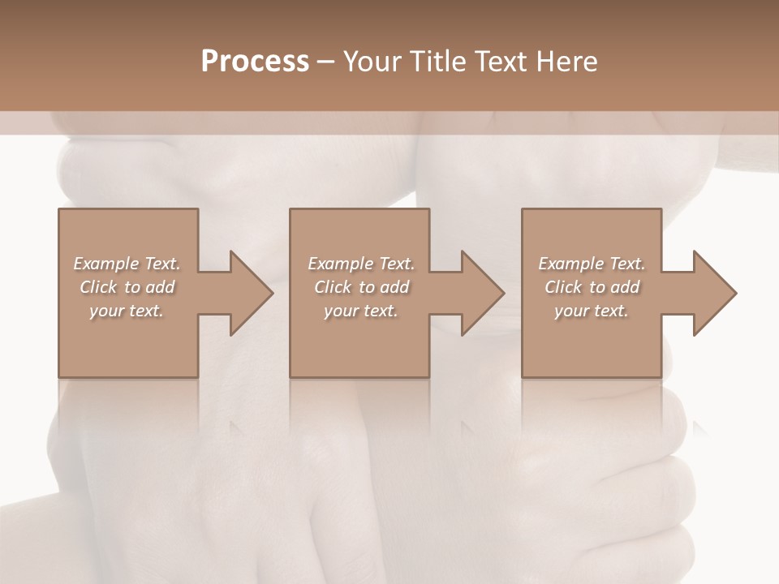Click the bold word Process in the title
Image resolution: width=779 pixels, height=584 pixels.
pyautogui.click(x=255, y=62)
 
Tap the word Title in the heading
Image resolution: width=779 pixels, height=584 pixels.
pyautogui.click(x=435, y=62)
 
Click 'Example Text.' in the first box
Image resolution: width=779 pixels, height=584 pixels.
pyautogui.click(x=127, y=264)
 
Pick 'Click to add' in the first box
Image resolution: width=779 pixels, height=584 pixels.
pyautogui.click(x=127, y=287)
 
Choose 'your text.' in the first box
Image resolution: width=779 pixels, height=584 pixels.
pyautogui.click(x=127, y=311)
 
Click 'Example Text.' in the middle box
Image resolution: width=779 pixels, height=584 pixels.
pyautogui.click(x=361, y=264)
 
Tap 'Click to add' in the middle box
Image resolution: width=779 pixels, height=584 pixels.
pyautogui.click(x=361, y=287)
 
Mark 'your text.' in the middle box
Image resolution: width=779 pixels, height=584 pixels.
pyautogui.click(x=361, y=311)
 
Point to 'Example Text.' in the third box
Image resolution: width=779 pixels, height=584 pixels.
pyautogui.click(x=592, y=264)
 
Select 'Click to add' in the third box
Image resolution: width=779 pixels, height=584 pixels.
pyautogui.click(x=592, y=287)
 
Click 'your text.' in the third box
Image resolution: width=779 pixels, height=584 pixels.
pyautogui.click(x=592, y=311)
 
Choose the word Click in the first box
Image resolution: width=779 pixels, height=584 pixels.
pyautogui.click(x=97, y=287)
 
